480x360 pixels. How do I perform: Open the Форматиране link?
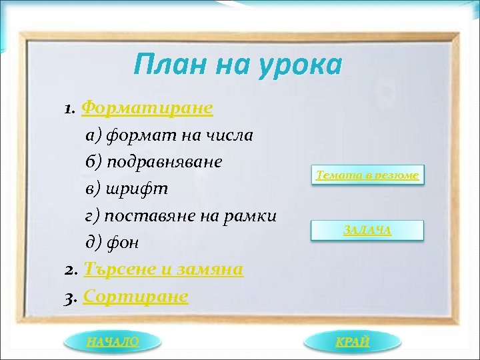[x=147, y=108]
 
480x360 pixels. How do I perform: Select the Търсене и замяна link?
[x=163, y=269]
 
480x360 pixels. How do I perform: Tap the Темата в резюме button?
[x=367, y=175]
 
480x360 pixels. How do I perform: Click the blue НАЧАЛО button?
[x=113, y=341]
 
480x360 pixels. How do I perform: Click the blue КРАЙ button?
[x=353, y=341]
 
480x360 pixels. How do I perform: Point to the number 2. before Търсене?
[x=72, y=269]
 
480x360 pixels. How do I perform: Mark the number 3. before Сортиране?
[x=71, y=296]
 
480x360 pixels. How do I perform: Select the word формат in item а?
[x=131, y=135]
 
